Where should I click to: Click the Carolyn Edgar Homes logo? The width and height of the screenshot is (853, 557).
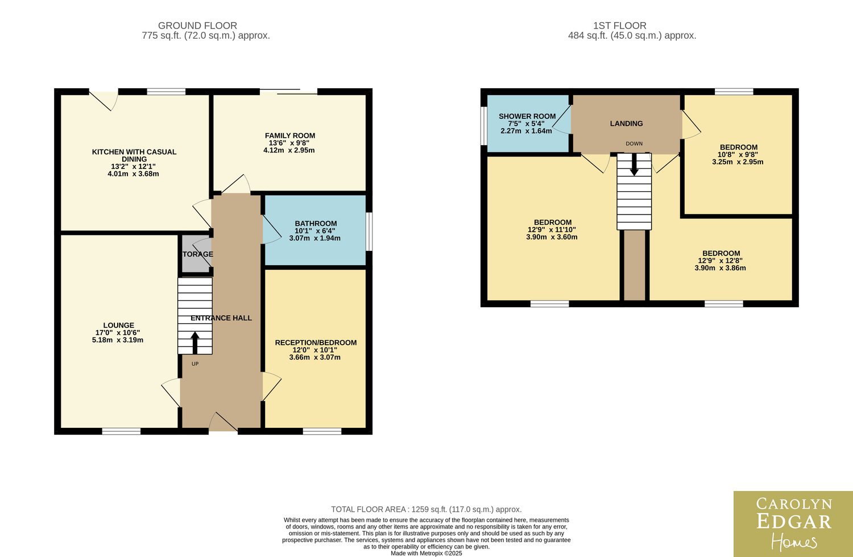click(x=793, y=524)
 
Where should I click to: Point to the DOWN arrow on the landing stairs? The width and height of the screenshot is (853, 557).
click(x=634, y=164)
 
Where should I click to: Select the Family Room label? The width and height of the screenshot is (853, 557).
click(x=290, y=135)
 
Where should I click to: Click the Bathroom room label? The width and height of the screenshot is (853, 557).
click(x=316, y=224)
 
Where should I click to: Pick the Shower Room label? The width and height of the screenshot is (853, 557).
click(x=527, y=116)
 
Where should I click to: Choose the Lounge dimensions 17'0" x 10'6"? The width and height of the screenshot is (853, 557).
click(x=118, y=333)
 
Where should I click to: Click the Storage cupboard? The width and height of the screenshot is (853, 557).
click(x=196, y=254)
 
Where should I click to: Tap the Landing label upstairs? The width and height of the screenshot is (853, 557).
click(x=626, y=123)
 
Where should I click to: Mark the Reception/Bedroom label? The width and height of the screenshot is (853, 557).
click(x=316, y=343)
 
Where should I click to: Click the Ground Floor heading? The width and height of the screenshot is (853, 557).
click(x=197, y=26)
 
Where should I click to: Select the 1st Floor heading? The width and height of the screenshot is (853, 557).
click(x=620, y=26)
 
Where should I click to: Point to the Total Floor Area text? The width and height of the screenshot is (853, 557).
click(x=426, y=509)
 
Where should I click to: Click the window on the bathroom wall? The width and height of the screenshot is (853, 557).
click(x=369, y=232)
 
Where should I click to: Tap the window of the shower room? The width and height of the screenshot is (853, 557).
click(x=483, y=126)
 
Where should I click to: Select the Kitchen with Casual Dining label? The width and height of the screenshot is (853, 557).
click(x=134, y=155)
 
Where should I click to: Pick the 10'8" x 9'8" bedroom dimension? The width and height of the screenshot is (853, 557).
click(x=738, y=155)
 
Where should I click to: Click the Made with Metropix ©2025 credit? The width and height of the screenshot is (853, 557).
click(x=426, y=553)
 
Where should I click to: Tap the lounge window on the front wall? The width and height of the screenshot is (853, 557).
click(x=121, y=431)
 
